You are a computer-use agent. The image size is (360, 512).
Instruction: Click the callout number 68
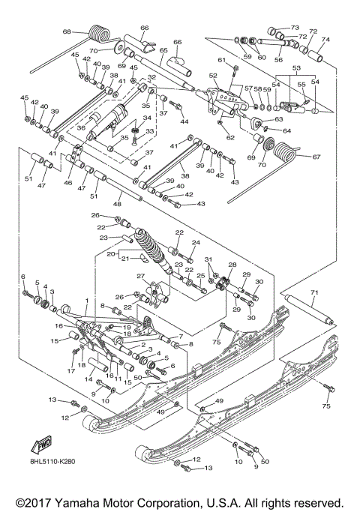[x=67, y=31]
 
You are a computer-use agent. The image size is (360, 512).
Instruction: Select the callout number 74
[x=325, y=40]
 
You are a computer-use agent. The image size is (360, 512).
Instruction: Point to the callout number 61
[x=221, y=60]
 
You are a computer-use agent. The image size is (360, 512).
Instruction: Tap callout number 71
[x=314, y=292]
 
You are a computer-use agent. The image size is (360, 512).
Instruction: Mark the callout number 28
[x=232, y=265]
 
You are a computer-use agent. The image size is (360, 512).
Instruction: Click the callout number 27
[x=141, y=277]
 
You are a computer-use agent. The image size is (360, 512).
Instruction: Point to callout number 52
[x=213, y=76]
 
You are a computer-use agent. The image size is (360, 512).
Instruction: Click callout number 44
[x=184, y=121]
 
